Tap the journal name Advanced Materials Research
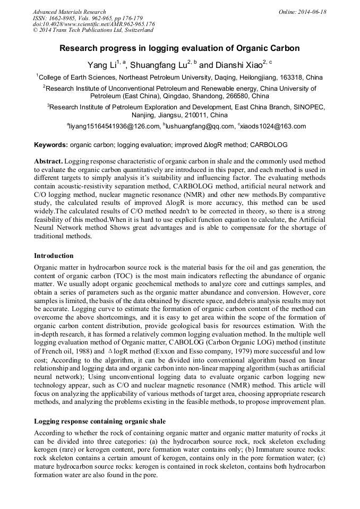point(69,12)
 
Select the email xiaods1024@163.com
point(273,126)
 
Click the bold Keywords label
point(50,145)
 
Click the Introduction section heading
point(54,256)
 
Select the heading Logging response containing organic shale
point(100,421)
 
